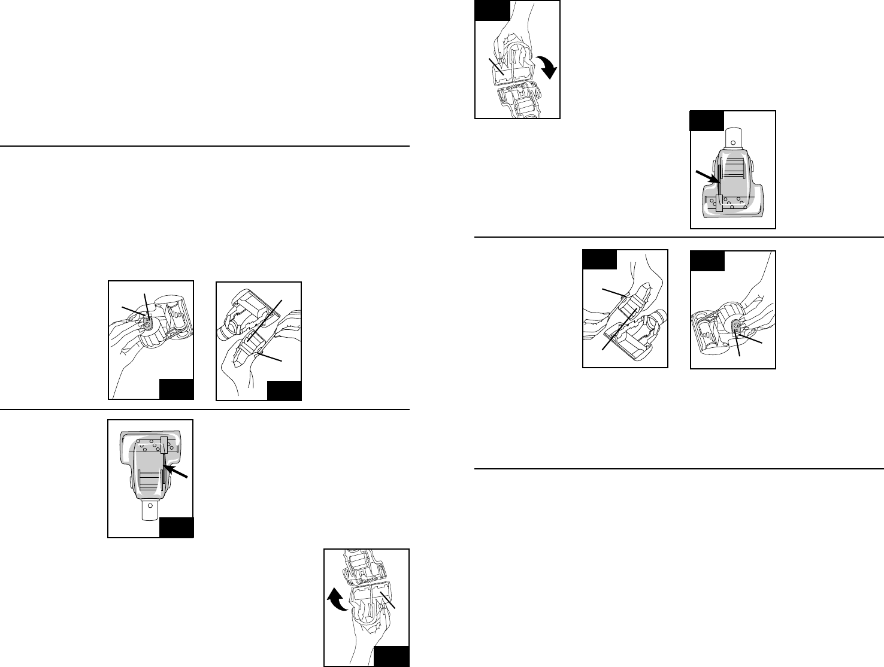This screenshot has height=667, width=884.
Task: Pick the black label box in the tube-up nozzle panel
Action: point(707,120)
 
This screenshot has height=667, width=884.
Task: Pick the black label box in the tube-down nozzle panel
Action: point(176,527)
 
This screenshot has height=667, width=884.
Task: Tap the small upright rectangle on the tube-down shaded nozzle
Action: point(165,444)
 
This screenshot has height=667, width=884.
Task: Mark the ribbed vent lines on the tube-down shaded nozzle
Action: point(150,478)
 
